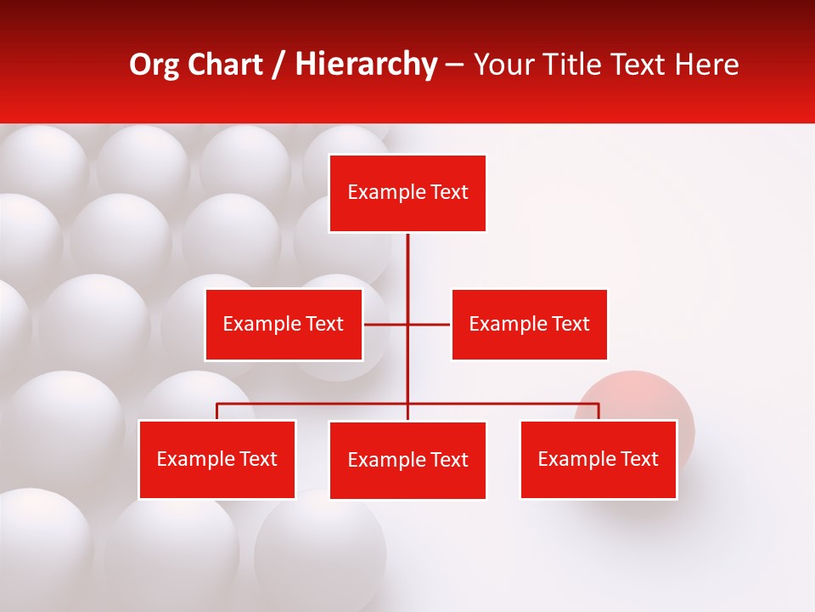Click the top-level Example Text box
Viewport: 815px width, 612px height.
(x=407, y=193)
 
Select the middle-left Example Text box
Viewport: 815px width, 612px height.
(x=284, y=324)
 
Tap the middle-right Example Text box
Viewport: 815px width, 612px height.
(x=529, y=324)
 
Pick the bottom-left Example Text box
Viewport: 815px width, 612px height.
(x=217, y=459)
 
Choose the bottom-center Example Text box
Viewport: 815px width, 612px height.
(x=407, y=460)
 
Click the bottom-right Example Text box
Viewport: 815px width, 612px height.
(x=599, y=459)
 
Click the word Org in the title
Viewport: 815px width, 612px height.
(x=155, y=65)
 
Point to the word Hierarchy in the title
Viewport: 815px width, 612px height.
(x=366, y=65)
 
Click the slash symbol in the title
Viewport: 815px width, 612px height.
(x=278, y=65)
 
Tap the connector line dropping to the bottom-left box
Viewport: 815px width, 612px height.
(x=217, y=411)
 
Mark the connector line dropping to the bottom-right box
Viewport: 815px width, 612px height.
(x=599, y=411)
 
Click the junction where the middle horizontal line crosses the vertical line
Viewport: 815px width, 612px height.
(x=407, y=324)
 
